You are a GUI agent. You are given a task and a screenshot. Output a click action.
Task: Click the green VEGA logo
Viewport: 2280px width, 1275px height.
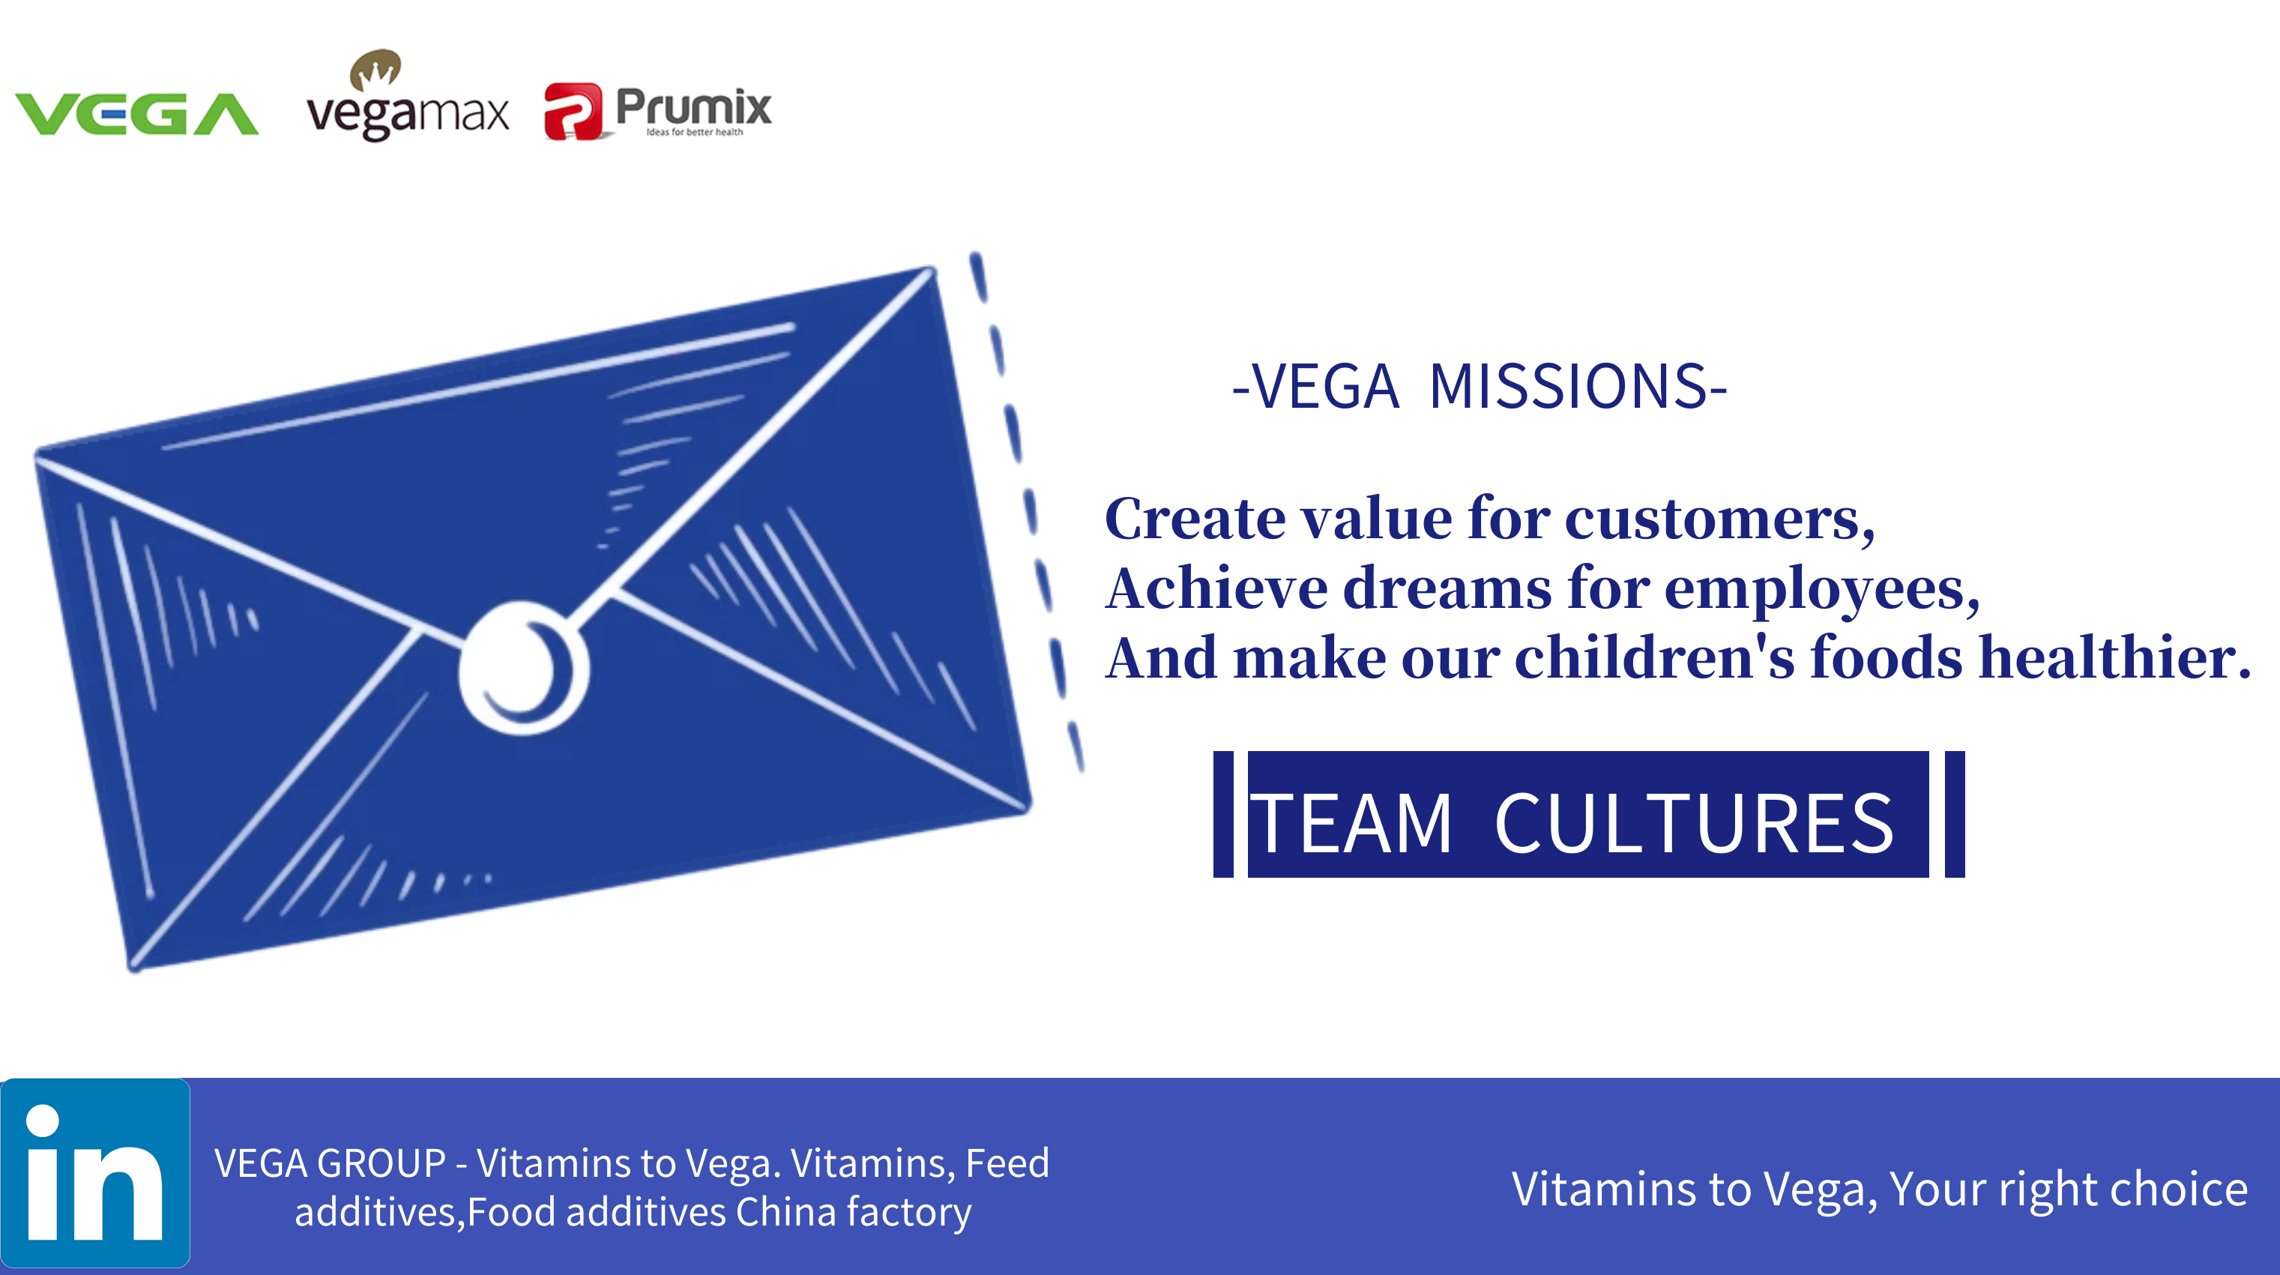pyautogui.click(x=136, y=114)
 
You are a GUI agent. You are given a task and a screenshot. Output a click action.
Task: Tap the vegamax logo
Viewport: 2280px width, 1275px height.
pyautogui.click(x=408, y=96)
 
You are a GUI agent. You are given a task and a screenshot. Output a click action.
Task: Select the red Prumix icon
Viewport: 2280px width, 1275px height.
pyautogui.click(x=573, y=112)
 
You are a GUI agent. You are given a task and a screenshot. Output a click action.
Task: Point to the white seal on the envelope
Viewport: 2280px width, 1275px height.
pyautogui.click(x=524, y=669)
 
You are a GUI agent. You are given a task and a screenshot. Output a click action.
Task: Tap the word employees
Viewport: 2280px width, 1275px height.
pyautogui.click(x=1822, y=590)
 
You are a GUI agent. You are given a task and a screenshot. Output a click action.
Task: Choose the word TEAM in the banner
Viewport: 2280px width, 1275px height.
pyautogui.click(x=1351, y=824)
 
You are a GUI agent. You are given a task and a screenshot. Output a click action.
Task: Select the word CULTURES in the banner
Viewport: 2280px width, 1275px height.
pyautogui.click(x=1694, y=824)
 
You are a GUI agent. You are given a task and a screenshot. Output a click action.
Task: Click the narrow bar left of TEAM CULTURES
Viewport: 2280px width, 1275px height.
pyautogui.click(x=1223, y=815)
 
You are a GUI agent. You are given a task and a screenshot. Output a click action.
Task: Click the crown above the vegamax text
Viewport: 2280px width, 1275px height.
pyautogui.click(x=376, y=69)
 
